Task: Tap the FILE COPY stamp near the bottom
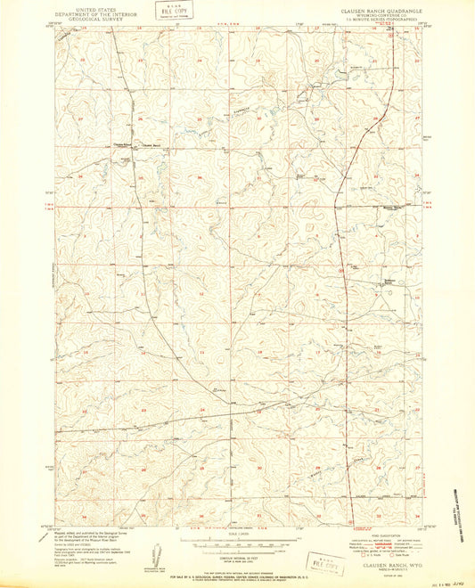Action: tap(326, 564)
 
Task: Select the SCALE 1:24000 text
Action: tap(236, 532)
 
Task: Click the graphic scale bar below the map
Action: tap(236, 540)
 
